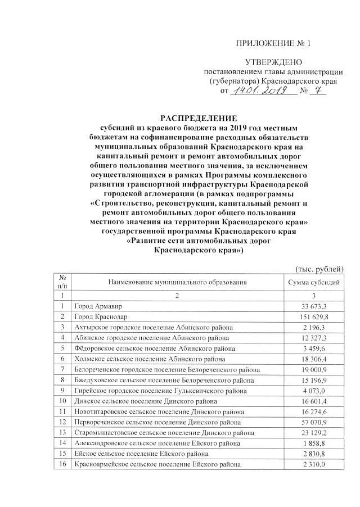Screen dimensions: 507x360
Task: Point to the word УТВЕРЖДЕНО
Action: (273, 61)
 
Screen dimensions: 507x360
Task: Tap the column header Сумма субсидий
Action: (313, 282)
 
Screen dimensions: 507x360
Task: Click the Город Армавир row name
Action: (98, 306)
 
